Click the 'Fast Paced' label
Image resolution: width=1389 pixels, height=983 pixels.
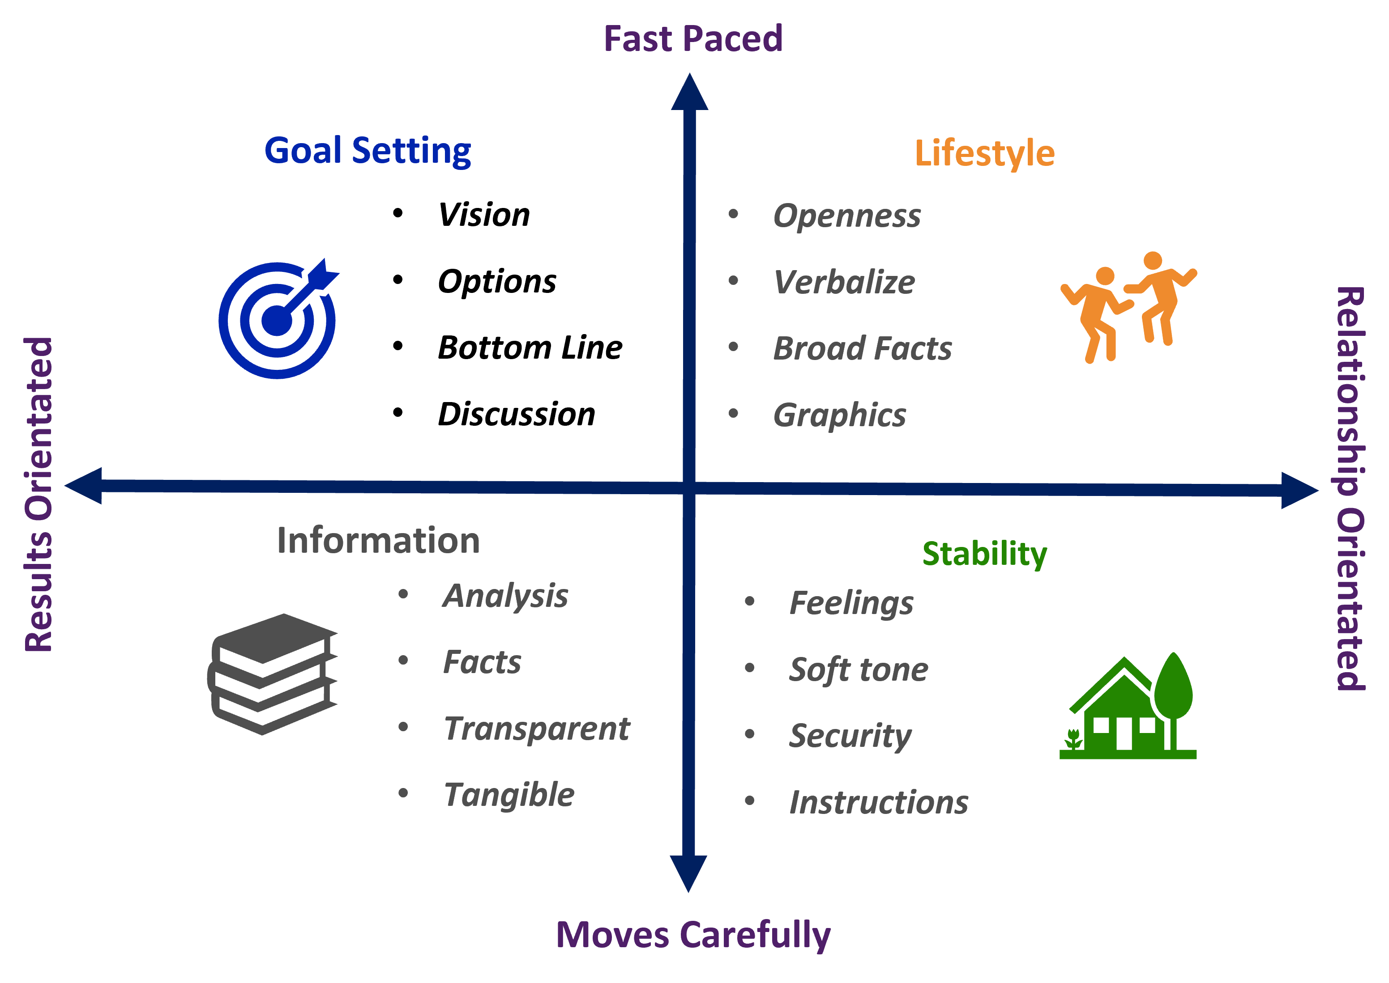(x=693, y=39)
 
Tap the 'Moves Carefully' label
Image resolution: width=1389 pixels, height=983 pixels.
(x=693, y=935)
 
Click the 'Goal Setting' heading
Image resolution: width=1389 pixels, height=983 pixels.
(x=368, y=151)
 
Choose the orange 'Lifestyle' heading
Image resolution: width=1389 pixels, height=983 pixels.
(x=984, y=153)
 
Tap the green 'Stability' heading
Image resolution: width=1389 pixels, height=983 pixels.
(x=984, y=553)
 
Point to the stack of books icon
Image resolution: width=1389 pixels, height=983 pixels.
(x=272, y=674)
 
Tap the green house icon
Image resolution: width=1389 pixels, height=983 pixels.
(x=1128, y=708)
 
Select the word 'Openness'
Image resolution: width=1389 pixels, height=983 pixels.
(x=847, y=216)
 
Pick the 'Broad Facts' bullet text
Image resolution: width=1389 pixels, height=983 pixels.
(x=863, y=349)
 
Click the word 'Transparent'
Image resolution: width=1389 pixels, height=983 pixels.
(x=537, y=728)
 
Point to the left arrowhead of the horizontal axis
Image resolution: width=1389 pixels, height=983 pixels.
(x=84, y=485)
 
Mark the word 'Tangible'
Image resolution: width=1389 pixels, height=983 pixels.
(x=509, y=795)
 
